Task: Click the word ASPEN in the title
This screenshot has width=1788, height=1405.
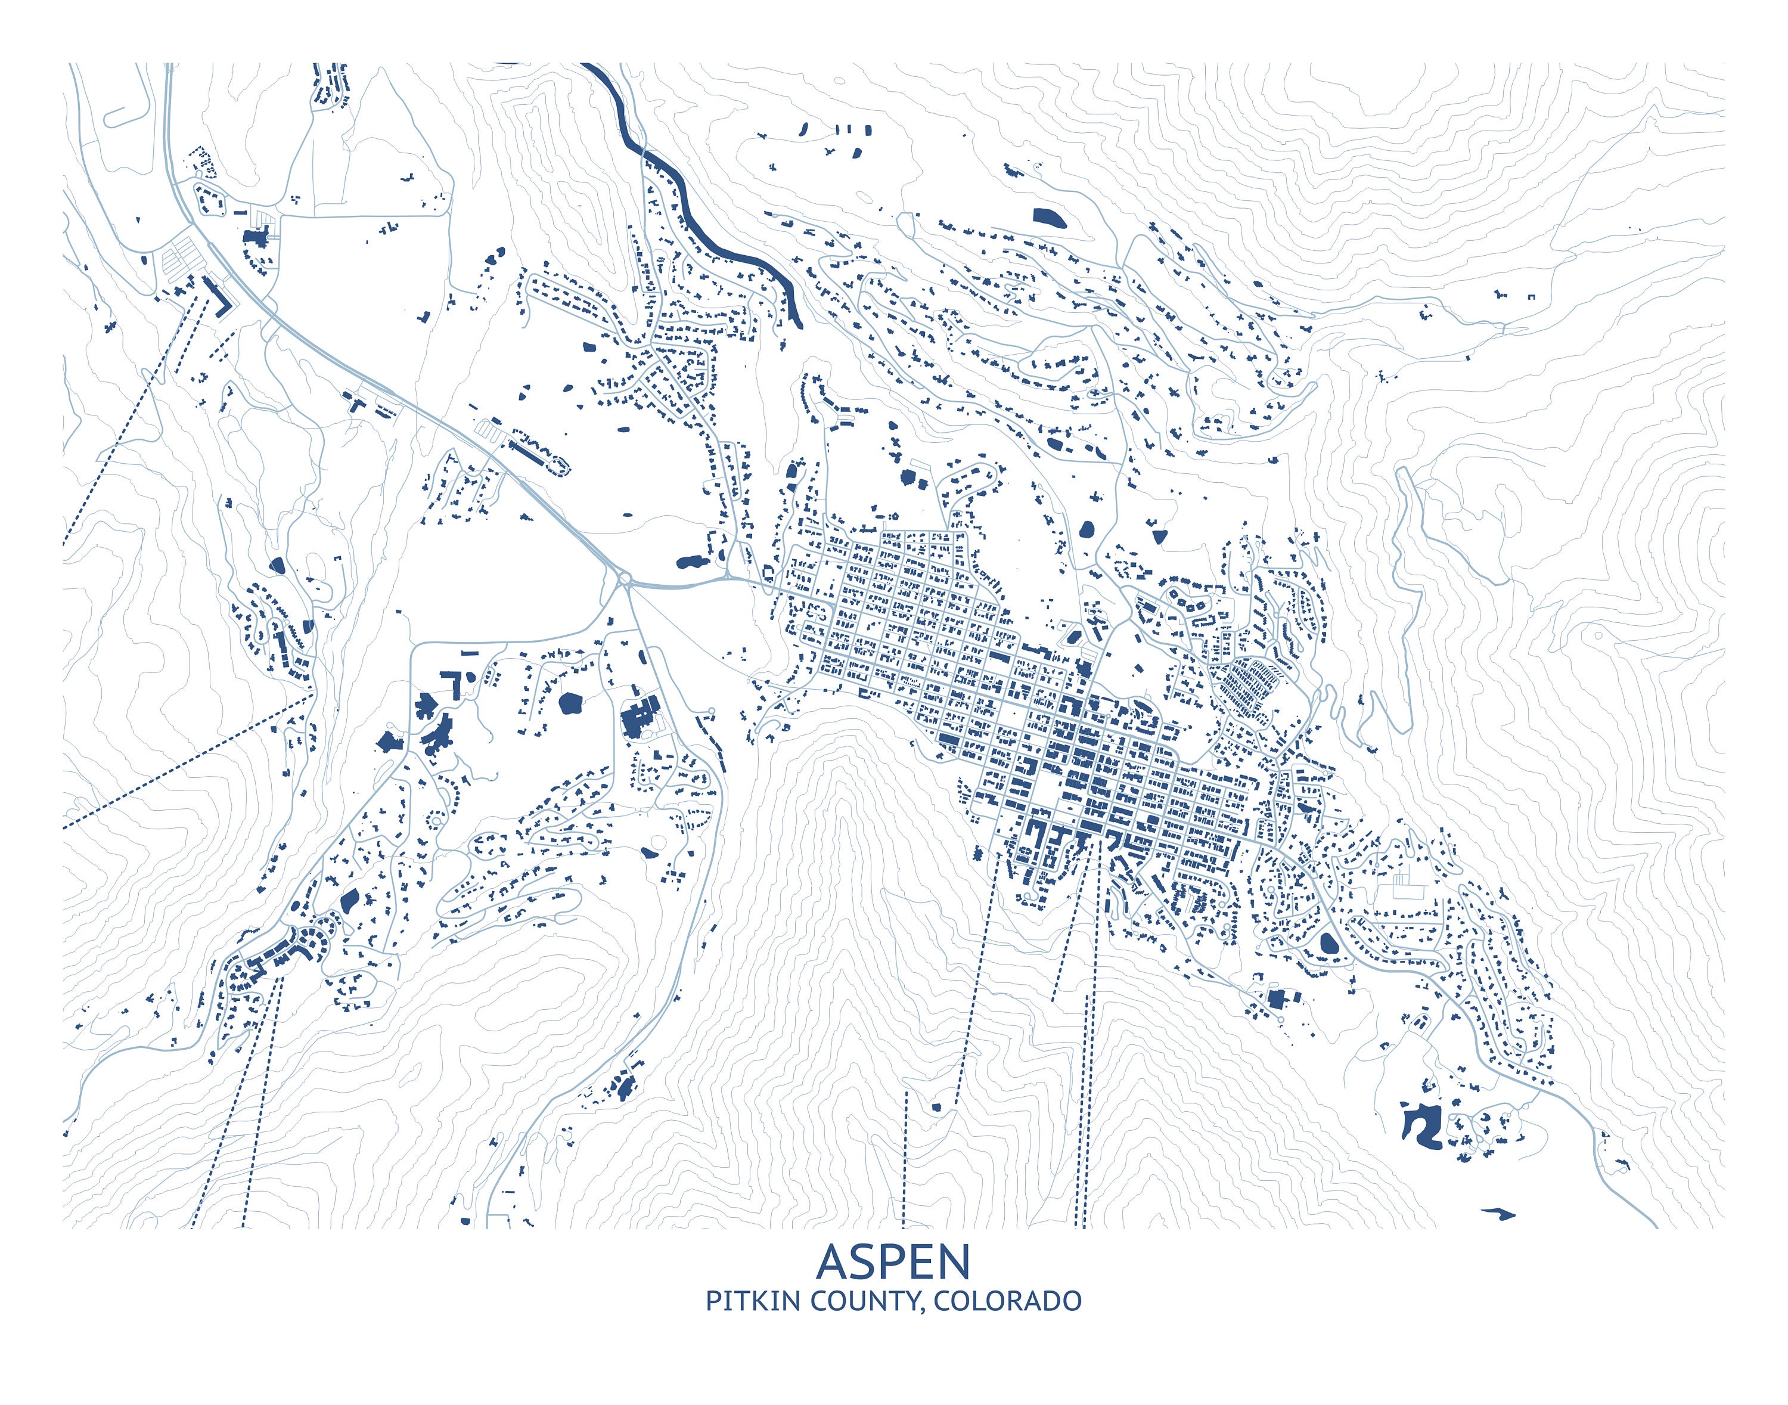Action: tap(893, 1262)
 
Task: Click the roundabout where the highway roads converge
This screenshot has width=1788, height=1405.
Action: tap(625, 581)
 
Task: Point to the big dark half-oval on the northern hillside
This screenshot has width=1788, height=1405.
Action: tap(1050, 218)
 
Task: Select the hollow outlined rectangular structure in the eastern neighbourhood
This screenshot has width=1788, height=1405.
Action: tap(1407, 885)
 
